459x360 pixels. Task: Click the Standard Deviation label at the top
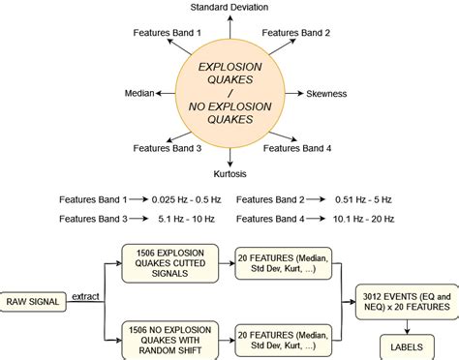coord(229,9)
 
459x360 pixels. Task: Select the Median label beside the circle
coord(140,94)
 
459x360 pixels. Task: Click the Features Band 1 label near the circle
coord(167,34)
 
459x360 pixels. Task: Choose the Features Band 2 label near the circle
coord(296,34)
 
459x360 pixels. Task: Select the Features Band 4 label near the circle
coord(297,148)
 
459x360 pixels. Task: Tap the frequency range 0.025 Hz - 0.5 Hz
coord(186,199)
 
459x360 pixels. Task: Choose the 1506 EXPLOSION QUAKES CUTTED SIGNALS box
coord(170,262)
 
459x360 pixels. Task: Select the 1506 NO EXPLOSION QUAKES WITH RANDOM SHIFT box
coord(170,338)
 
